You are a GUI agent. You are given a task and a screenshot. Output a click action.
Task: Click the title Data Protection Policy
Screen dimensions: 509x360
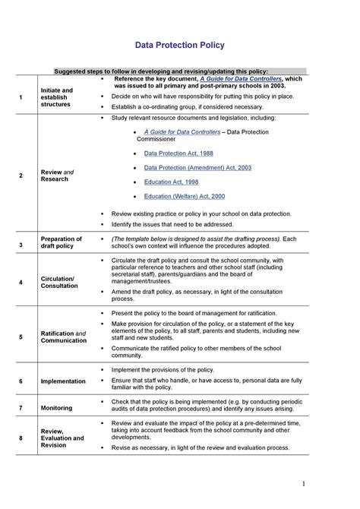coord(180,45)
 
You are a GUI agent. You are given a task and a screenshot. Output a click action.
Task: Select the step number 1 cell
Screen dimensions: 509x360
coord(21,97)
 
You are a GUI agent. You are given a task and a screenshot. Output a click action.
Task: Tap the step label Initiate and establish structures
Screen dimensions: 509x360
coord(57,97)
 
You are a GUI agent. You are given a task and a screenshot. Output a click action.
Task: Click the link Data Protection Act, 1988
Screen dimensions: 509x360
coord(178,153)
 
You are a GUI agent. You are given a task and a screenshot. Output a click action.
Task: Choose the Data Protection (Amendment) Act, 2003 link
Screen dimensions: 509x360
coord(197,168)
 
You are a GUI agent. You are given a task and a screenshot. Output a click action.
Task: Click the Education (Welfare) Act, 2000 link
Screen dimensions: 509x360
coord(185,197)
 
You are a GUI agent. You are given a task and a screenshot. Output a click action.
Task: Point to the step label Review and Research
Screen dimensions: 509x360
coord(57,175)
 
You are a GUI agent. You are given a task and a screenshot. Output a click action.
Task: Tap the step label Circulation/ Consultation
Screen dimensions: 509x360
coord(58,283)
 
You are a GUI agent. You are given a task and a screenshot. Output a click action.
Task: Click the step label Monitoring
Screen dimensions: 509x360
coord(57,408)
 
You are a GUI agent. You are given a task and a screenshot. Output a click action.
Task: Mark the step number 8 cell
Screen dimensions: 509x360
coord(21,438)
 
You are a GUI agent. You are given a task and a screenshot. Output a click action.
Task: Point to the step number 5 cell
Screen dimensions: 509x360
coord(21,337)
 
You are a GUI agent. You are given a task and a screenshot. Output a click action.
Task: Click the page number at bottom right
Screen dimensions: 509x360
coord(302,483)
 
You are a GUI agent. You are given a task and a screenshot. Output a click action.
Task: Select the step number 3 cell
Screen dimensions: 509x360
coord(21,244)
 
